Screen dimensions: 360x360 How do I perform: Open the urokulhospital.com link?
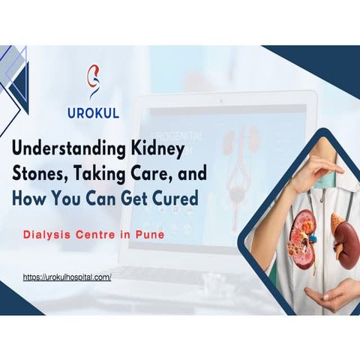point(67,277)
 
